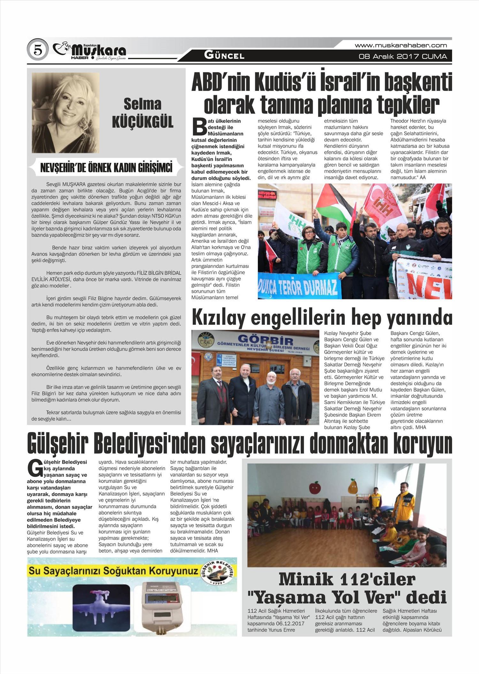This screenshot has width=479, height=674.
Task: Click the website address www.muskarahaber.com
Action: pos(401,45)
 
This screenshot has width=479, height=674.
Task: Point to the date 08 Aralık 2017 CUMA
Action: pos(403,57)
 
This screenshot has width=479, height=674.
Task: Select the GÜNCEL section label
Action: pos(224,56)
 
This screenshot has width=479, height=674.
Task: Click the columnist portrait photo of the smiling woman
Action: pos(65,112)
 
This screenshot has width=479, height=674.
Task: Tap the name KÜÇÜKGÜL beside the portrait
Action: pos(142,122)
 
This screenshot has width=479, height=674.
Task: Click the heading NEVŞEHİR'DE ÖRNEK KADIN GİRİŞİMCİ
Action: pos(106,167)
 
